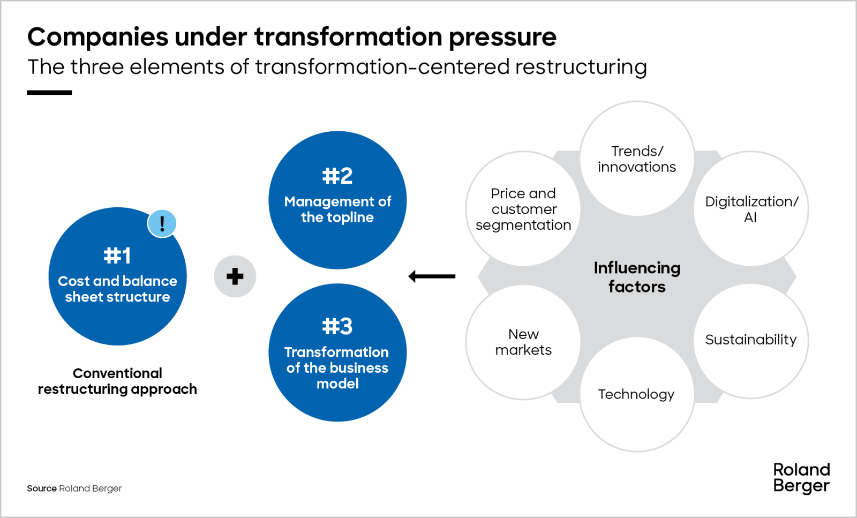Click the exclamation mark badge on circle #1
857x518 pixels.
162,223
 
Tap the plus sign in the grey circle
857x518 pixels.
235,276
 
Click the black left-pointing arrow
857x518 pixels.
432,276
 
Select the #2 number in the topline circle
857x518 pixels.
337,176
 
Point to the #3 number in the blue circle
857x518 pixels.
337,326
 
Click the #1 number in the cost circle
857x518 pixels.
117,256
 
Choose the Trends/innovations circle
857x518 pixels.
637,159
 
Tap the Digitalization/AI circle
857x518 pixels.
751,209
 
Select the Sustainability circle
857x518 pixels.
751,340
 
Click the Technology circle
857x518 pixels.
636,394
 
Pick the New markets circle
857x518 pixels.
523,342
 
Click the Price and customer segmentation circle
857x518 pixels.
523,209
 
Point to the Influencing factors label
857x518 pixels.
637,277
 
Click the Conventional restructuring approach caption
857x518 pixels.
117,381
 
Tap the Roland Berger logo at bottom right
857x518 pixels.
801,477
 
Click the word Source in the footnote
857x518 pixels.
42,489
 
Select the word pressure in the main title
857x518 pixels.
502,37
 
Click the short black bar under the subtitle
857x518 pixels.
49,93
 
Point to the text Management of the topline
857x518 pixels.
337,209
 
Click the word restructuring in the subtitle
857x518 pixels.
581,67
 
